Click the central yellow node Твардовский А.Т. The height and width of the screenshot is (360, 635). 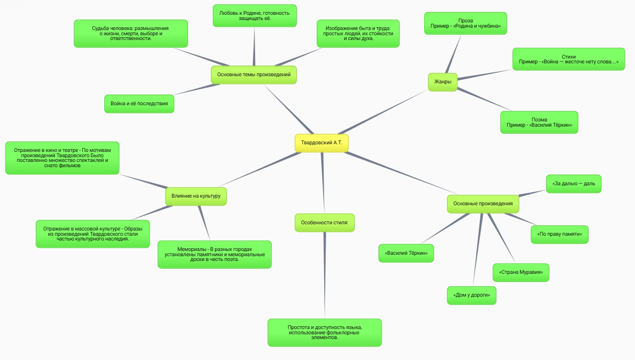tap(321, 143)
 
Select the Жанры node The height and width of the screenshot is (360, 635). tap(443, 82)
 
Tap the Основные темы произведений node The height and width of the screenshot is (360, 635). tap(254, 75)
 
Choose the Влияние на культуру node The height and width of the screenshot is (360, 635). tap(196, 196)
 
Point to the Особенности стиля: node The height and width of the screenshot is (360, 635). tap(325, 222)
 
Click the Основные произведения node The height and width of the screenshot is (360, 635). tap(483, 204)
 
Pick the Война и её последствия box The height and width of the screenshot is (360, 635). tap(139, 104)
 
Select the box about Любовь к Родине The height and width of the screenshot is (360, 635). tap(255, 16)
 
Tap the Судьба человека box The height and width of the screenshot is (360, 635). tap(130, 33)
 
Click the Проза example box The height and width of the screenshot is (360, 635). tap(466, 23)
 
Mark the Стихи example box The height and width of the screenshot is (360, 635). tap(568, 59)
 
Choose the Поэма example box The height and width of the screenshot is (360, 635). tap(539, 122)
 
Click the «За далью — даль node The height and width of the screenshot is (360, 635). tap(573, 184)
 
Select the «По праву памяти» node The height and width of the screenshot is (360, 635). tap(559, 234)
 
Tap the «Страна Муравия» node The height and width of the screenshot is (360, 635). tap(521, 272)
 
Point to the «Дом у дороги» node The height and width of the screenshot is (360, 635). tap(471, 295)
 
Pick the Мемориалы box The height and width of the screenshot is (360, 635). tap(214, 254)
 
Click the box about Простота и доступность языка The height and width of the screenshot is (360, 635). tap(325, 332)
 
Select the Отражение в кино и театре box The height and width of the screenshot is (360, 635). tap(62, 158)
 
